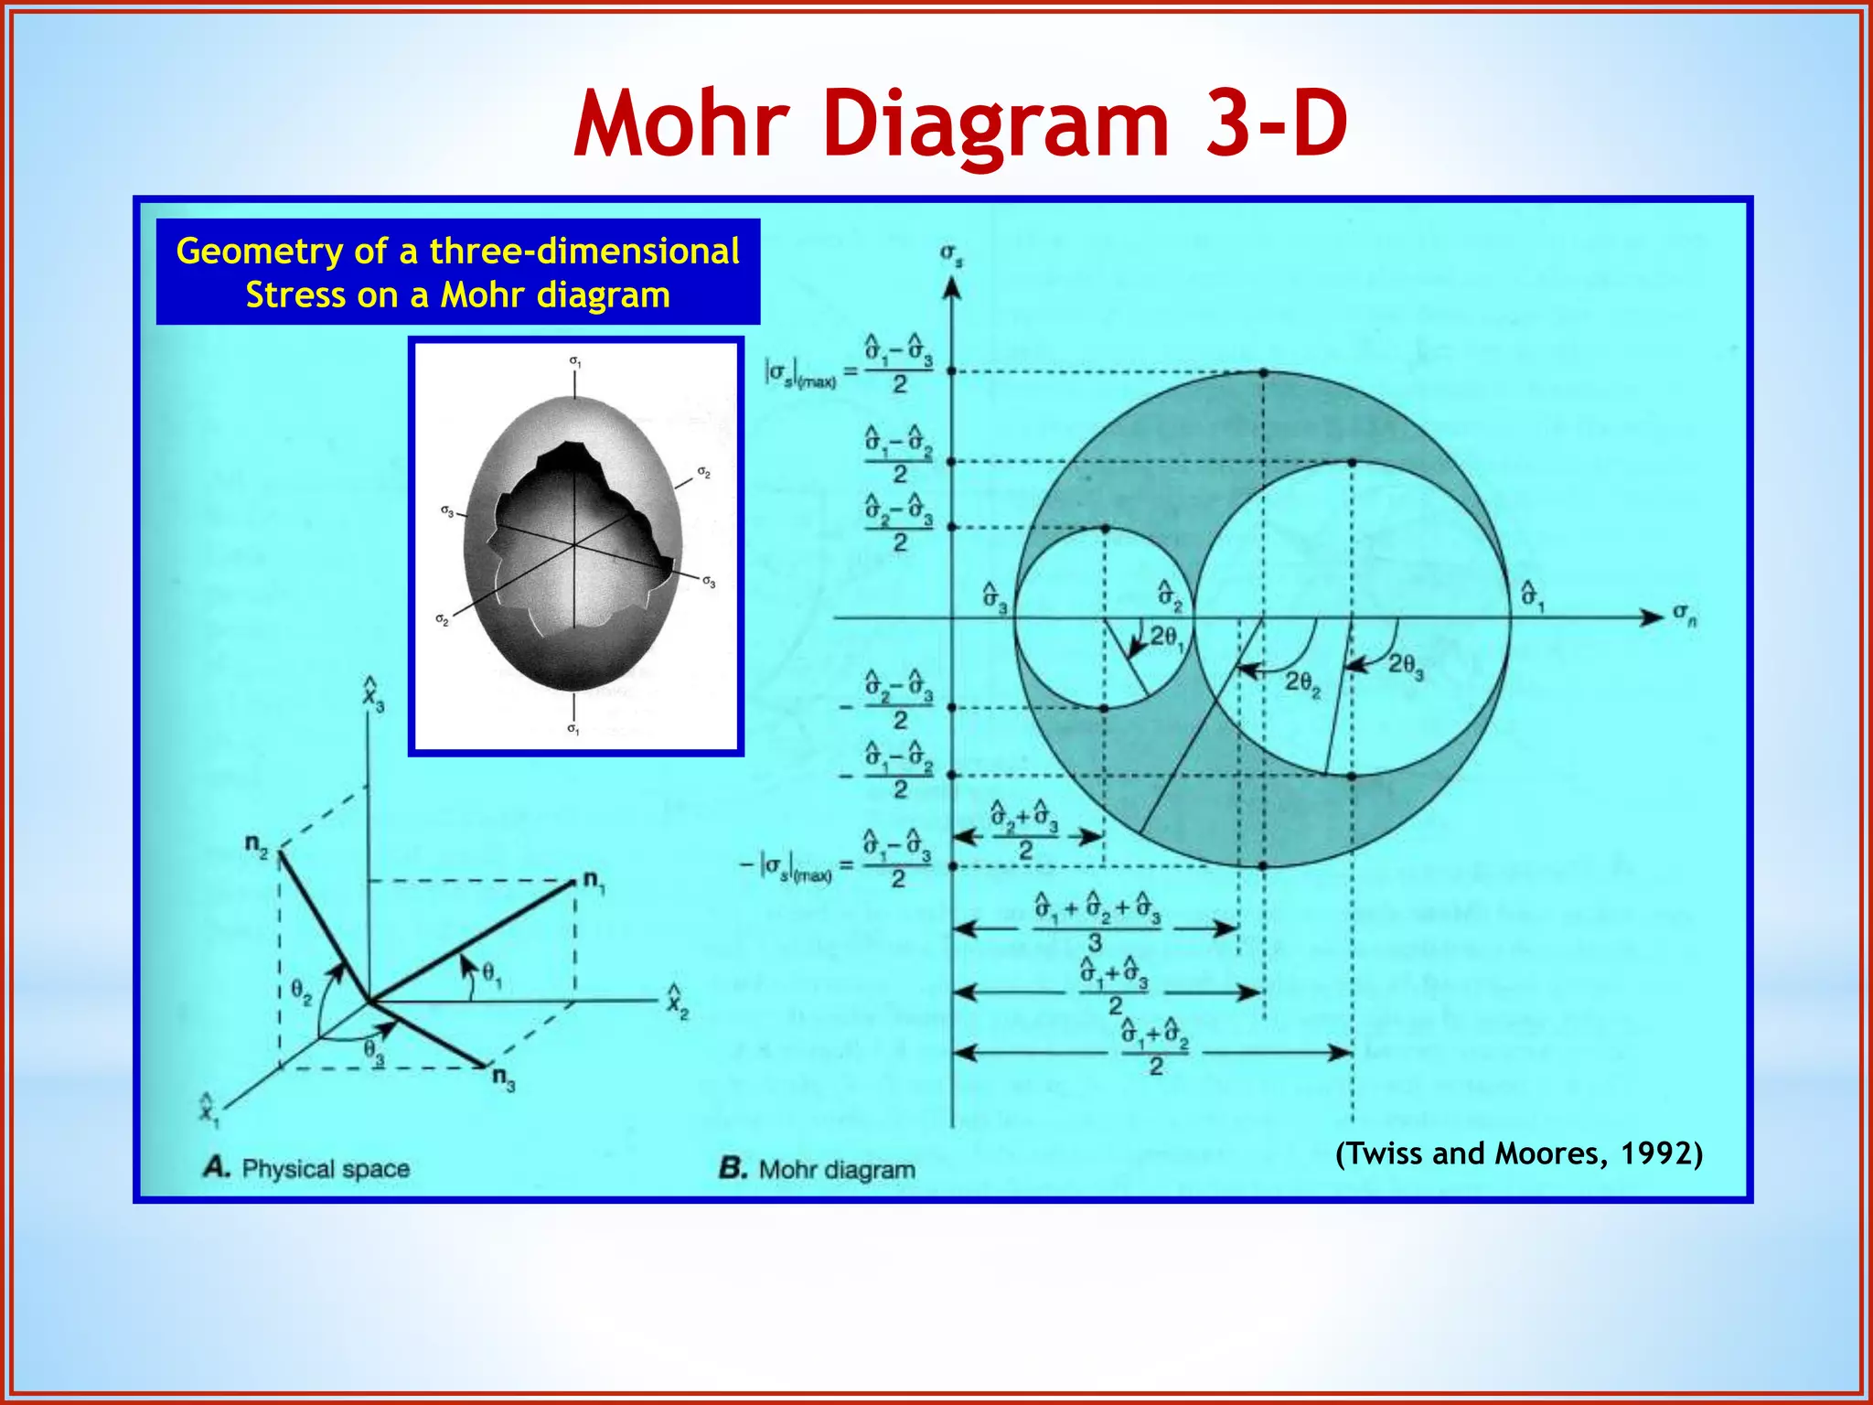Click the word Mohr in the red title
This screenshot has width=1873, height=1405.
(x=681, y=123)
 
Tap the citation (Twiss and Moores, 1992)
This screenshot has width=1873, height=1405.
(x=1518, y=1153)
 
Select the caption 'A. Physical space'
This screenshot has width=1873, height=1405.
(x=306, y=1168)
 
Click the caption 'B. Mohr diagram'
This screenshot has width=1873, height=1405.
(x=817, y=1169)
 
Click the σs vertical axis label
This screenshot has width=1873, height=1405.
(x=951, y=254)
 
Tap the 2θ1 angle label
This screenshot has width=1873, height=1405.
(x=1166, y=638)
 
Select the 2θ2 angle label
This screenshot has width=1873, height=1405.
(x=1302, y=682)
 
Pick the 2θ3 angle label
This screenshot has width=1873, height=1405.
(x=1406, y=665)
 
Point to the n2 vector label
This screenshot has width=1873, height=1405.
(x=256, y=843)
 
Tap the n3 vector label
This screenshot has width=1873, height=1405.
(x=503, y=1078)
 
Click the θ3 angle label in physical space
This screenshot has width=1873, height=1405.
(x=373, y=1049)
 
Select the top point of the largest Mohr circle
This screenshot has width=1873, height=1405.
(x=1263, y=372)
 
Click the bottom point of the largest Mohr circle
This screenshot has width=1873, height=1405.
(x=1262, y=864)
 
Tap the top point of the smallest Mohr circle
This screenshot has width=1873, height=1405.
(x=1105, y=529)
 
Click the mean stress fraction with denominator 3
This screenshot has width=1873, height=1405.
(x=1096, y=923)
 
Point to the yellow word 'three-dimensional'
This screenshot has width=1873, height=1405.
(x=584, y=251)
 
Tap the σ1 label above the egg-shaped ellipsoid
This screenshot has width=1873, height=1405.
(x=574, y=361)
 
